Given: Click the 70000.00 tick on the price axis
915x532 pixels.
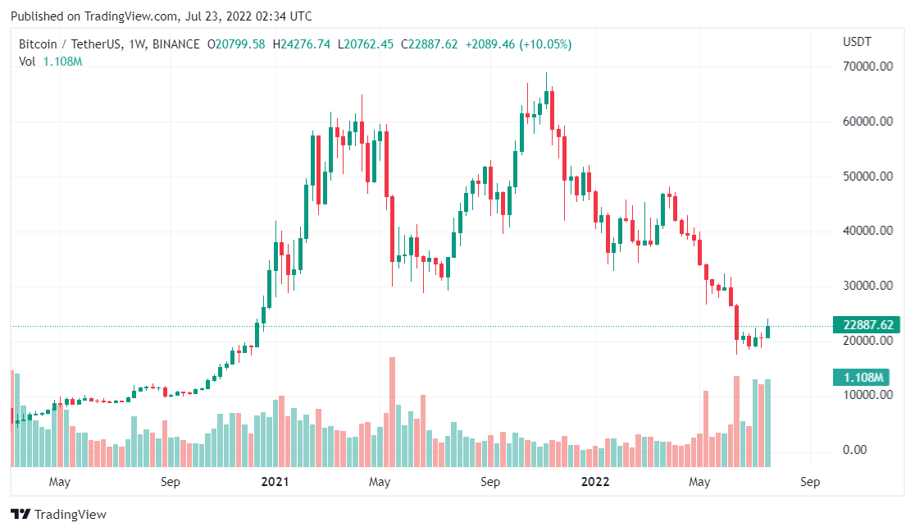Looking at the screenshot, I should (x=867, y=66).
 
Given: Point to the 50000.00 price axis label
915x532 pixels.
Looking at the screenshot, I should (x=867, y=177).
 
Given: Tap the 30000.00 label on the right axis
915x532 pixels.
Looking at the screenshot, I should (x=867, y=286).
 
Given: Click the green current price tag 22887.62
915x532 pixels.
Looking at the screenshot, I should (x=867, y=324).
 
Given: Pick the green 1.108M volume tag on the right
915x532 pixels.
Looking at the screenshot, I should (x=867, y=378).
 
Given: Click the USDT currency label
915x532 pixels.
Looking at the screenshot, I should (x=858, y=42).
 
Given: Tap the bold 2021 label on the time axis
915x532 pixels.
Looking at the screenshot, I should (x=275, y=482).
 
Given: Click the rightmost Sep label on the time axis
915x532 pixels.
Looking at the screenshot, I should (x=809, y=482).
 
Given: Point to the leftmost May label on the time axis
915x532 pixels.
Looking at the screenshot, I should (x=60, y=482).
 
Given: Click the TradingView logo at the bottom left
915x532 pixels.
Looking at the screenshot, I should (x=59, y=515).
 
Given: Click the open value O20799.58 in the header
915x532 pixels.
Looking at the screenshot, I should (x=236, y=44).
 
